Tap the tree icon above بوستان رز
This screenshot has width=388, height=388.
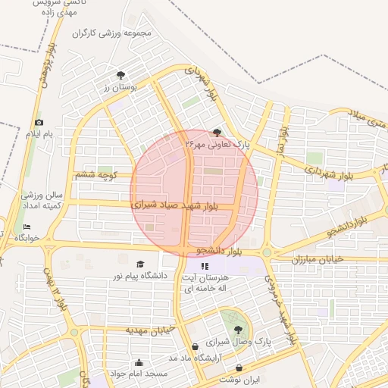point(120,74)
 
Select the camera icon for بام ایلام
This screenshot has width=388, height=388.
point(39,122)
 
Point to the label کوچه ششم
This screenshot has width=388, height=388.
point(94,175)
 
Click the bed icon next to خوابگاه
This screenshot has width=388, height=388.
point(27,227)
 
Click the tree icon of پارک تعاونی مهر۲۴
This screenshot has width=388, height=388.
point(218,132)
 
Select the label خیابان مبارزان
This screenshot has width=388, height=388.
point(318,259)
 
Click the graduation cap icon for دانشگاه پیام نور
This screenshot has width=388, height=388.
point(140,264)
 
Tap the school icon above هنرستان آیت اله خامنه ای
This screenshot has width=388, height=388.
point(204,266)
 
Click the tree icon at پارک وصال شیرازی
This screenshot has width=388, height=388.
point(239,329)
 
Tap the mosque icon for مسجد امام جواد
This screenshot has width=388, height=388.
point(138,362)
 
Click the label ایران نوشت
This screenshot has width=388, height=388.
point(239,378)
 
